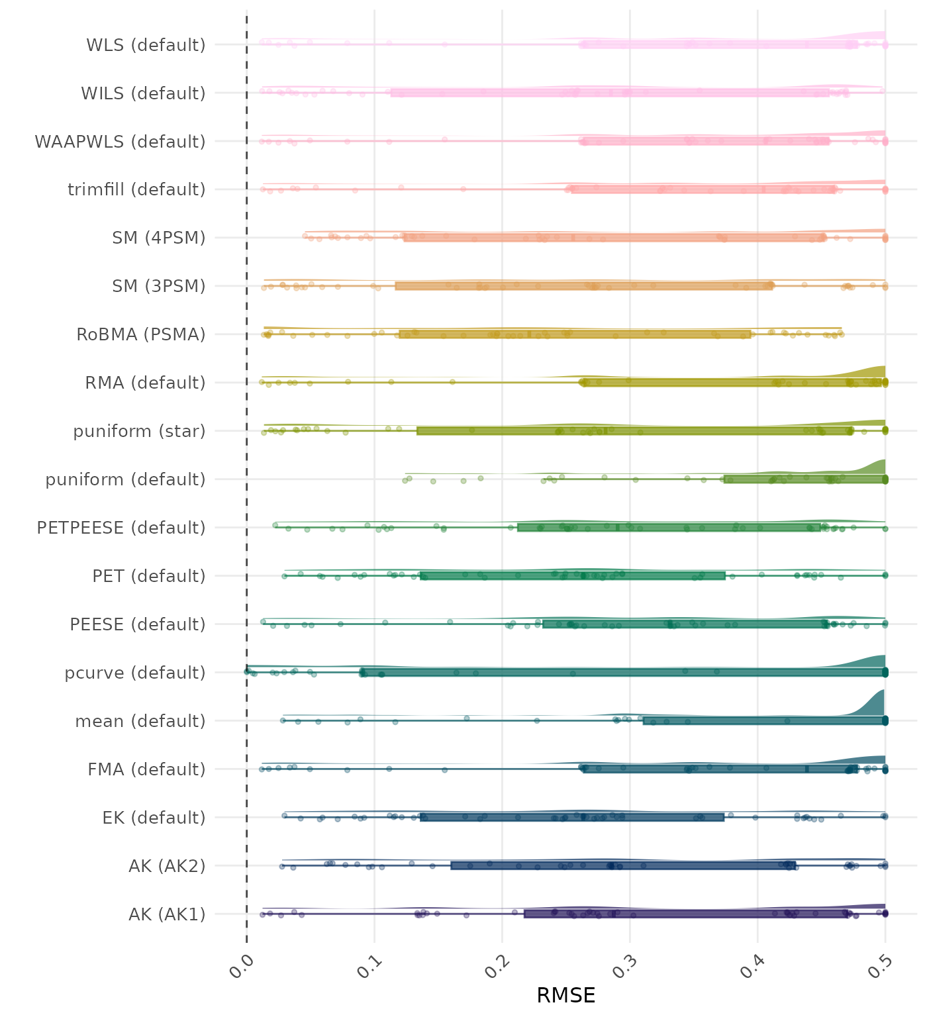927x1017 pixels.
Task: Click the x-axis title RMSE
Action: tap(565, 994)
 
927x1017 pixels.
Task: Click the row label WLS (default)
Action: tap(146, 45)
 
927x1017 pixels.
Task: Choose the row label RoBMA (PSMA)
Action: tap(140, 334)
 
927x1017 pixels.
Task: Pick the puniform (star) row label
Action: tap(139, 431)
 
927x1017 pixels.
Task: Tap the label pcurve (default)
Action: tap(135, 673)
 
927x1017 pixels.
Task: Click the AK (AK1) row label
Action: tap(167, 914)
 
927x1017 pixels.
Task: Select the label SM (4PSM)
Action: tap(159, 238)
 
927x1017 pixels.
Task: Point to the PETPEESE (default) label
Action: tap(121, 528)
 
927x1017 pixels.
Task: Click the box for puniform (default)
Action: tap(805, 479)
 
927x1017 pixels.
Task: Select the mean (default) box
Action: tap(764, 721)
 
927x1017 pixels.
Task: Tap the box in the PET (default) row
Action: tap(573, 576)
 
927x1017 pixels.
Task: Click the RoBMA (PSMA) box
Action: tap(575, 334)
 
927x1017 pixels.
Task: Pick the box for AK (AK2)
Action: tap(622, 865)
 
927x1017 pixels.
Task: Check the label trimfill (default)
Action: tap(136, 189)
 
